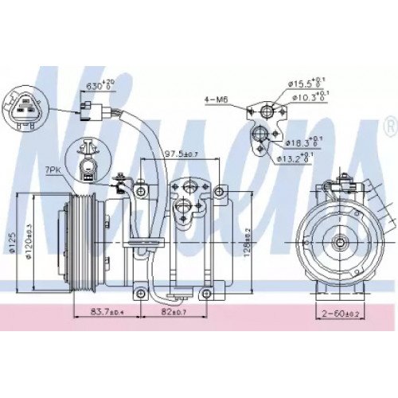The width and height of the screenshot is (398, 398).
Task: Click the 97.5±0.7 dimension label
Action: tap(179, 153)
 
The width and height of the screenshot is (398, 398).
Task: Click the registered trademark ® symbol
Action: tap(389, 126)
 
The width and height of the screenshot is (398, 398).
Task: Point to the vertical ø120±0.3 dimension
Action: tap(29, 239)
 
